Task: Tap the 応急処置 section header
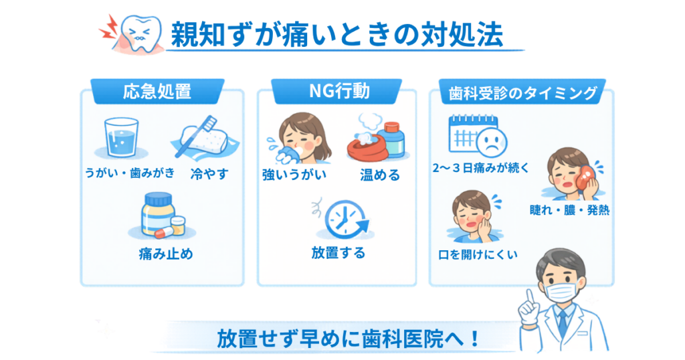tap(157, 92)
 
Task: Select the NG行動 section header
tap(337, 92)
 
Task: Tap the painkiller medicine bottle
tap(158, 215)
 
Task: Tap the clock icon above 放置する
tap(345, 219)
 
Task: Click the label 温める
tap(379, 176)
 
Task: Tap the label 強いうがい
tap(294, 176)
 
